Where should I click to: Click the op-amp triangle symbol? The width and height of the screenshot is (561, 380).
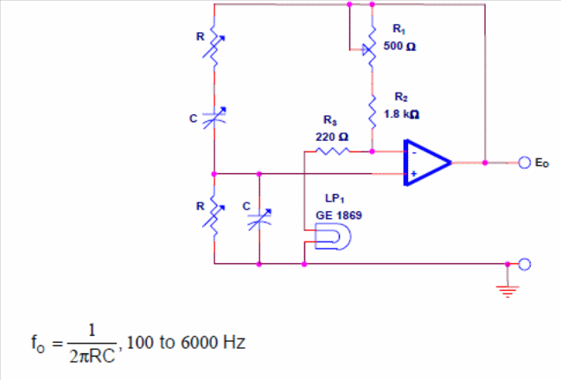pos(426,163)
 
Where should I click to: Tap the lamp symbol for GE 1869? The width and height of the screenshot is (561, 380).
pos(333,236)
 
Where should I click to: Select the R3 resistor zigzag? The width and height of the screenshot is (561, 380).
pos(333,151)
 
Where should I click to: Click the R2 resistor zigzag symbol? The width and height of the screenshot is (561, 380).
pos(372,112)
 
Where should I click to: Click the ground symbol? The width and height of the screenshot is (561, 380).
pos(507,291)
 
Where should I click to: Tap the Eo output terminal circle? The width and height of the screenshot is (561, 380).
pos(524,163)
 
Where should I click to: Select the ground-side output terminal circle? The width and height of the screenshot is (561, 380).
pos(524,264)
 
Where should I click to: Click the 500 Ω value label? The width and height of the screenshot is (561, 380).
pos(399,46)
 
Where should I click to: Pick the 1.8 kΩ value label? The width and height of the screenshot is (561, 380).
pos(401,114)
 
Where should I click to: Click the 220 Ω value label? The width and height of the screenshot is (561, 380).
pos(332,137)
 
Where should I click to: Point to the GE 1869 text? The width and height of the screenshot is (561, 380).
pos(339,216)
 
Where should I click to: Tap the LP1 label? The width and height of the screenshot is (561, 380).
pos(335,199)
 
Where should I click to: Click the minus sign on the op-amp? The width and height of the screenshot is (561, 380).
pos(414,153)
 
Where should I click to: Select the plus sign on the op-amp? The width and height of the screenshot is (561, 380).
pos(414,174)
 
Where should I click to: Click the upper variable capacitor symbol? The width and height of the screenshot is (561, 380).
pos(214,118)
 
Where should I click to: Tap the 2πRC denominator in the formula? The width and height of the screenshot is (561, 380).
pos(92,356)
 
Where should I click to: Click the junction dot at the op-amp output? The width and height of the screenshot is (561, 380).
pos(485,163)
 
